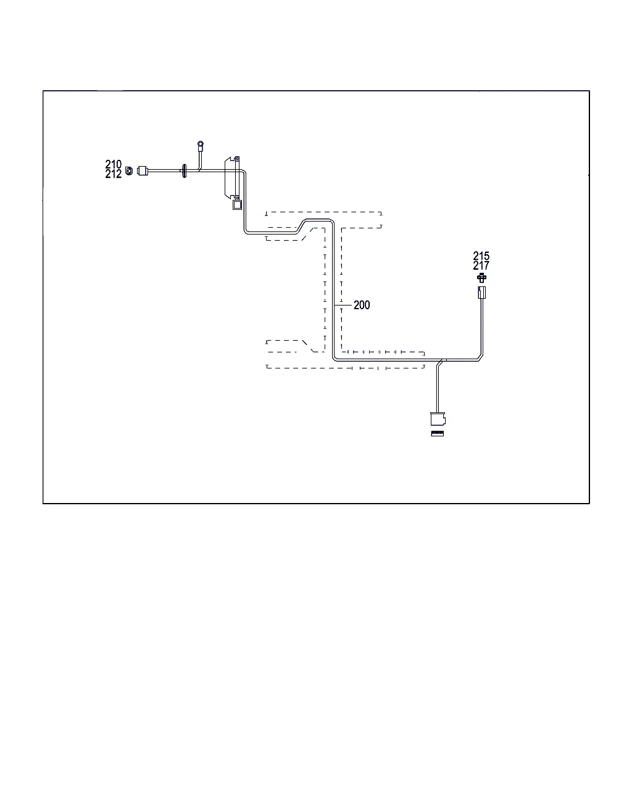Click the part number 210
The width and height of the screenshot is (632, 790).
pyautogui.click(x=113, y=164)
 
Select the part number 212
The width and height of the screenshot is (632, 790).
pyautogui.click(x=113, y=174)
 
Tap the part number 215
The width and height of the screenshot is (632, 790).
pyautogui.click(x=481, y=256)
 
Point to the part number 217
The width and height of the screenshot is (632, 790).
pyautogui.click(x=481, y=265)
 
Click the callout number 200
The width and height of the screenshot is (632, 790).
pyautogui.click(x=362, y=305)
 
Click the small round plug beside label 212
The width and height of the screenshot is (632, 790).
pyautogui.click(x=129, y=171)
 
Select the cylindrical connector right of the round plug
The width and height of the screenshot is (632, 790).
pyautogui.click(x=143, y=171)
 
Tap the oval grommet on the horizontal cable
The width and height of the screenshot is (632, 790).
pyautogui.click(x=185, y=171)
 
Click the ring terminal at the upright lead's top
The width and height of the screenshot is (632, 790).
pyautogui.click(x=201, y=144)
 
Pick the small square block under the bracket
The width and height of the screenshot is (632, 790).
pyautogui.click(x=237, y=204)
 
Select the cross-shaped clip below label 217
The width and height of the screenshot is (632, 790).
pyautogui.click(x=481, y=278)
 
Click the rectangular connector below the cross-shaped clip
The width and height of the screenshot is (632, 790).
pyautogui.click(x=482, y=293)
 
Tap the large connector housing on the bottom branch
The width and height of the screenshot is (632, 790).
pyautogui.click(x=438, y=418)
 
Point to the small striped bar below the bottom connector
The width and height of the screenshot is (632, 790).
pyautogui.click(x=438, y=433)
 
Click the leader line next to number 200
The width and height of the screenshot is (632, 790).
pyautogui.click(x=343, y=305)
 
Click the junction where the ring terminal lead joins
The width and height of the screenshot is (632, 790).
pyautogui.click(x=200, y=170)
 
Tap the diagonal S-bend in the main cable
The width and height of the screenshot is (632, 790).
pyautogui.click(x=301, y=226)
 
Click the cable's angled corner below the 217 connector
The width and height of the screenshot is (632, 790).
pyautogui.click(x=480, y=357)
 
